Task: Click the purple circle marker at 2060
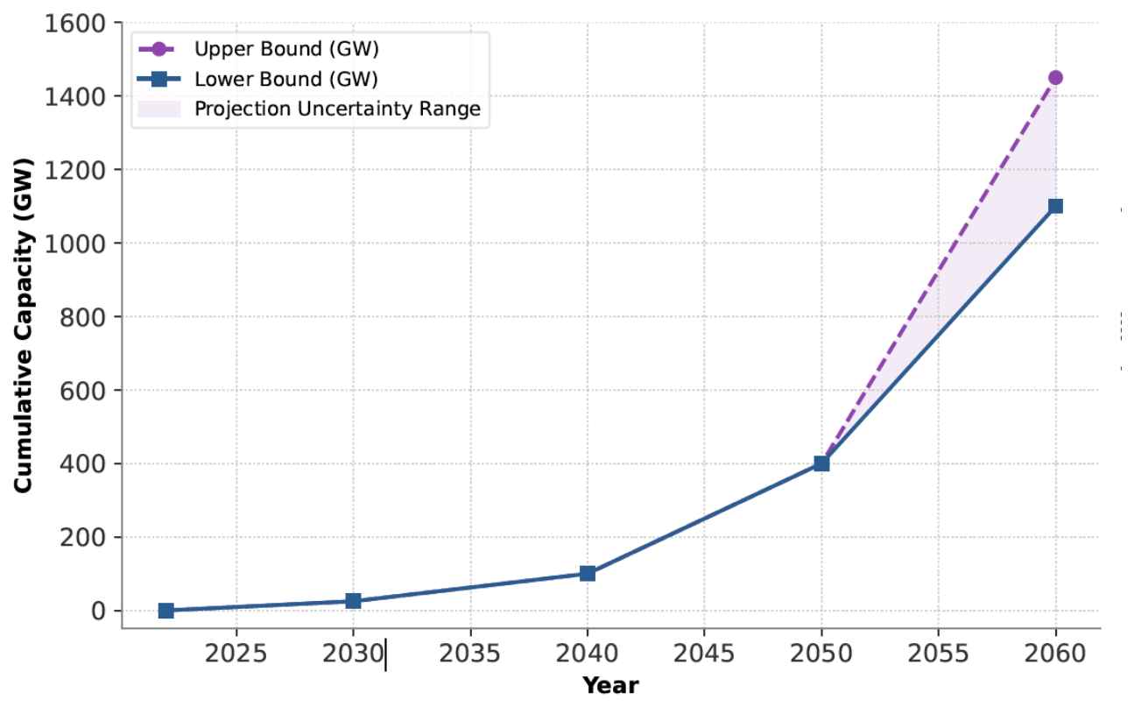1055,77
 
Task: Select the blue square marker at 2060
1055,206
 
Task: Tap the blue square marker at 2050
821,463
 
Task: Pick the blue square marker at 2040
588,574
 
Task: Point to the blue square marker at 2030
354,601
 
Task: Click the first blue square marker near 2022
166,611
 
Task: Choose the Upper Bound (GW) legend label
286,49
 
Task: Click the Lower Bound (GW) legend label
286,80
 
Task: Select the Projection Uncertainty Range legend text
337,110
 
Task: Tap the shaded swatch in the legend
159,109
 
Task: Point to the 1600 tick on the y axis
75,24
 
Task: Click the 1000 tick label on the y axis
75,244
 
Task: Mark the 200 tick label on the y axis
82,538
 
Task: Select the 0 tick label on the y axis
98,612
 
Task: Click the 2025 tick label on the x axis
236,654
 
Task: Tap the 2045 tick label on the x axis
704,654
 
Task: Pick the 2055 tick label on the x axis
938,654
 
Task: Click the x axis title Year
610,686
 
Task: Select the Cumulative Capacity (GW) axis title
24,325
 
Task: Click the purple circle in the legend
159,49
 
